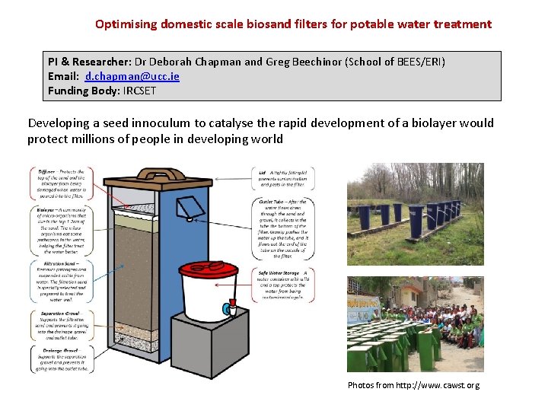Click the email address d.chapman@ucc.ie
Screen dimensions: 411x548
click(132, 77)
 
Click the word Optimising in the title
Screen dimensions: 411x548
click(126, 24)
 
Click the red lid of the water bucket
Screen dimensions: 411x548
click(209, 269)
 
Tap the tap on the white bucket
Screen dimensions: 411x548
click(227, 309)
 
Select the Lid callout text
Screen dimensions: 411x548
click(283, 178)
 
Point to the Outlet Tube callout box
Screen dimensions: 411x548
click(283, 228)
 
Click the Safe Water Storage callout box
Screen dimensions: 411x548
click(283, 285)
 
